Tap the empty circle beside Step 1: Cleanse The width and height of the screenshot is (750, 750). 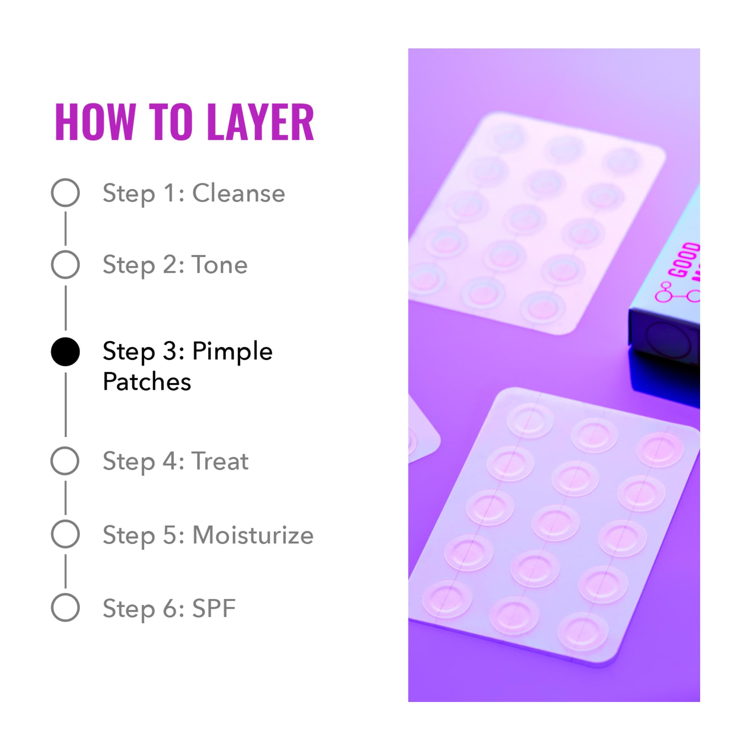coord(65,192)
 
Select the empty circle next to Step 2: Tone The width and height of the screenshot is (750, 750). coord(65,264)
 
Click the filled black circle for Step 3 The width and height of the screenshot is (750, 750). coord(65,352)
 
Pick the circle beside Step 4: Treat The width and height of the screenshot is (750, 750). coord(65,461)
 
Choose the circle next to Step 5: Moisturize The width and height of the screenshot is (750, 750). coord(65,534)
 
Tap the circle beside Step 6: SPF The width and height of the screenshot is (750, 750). coord(65,607)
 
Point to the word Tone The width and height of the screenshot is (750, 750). coord(220,265)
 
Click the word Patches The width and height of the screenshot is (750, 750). coord(147,382)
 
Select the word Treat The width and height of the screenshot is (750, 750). coord(220,461)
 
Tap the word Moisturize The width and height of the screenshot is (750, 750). coord(253,535)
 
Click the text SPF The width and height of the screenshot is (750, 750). coord(214,608)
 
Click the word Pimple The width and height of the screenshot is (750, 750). coord(232,352)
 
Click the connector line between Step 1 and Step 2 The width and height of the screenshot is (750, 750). coord(65,229)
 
